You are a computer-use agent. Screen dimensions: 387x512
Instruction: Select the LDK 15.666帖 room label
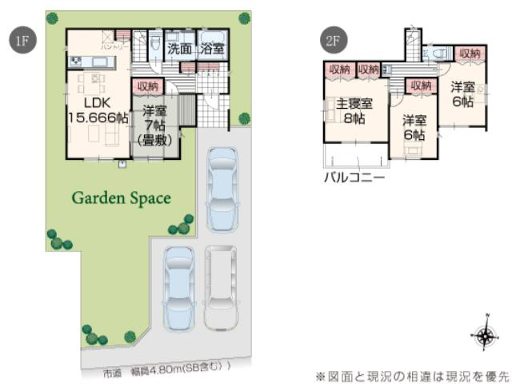[95, 110]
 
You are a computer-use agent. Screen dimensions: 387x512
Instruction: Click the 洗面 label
[179, 49]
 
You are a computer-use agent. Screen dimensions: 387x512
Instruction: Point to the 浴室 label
[212, 49]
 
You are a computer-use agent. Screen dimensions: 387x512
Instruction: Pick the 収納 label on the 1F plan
[149, 86]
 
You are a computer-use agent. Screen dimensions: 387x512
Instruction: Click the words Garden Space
[122, 197]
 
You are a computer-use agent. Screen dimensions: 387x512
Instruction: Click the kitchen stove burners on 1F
[76, 62]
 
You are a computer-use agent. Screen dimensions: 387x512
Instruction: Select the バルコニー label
[353, 176]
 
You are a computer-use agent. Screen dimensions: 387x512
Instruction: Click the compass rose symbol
[484, 336]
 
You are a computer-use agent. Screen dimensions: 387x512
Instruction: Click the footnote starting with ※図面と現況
[413, 374]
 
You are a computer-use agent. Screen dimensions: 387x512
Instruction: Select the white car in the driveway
[220, 286]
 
